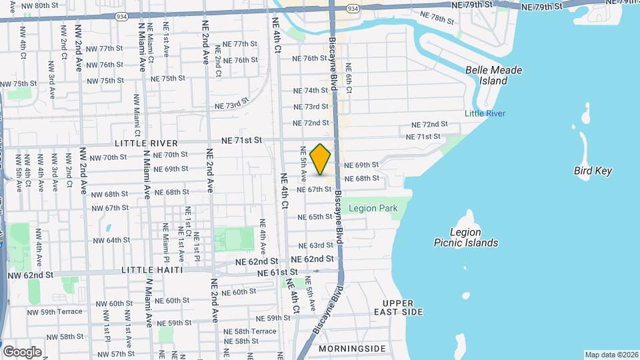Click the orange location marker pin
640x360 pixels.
coord(321,159)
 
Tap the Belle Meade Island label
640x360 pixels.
coord(493,75)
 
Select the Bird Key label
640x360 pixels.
coord(592,171)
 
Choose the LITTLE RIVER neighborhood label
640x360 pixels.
coord(146,143)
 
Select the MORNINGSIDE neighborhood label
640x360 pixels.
coord(352,349)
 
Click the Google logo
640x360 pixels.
coord(22,351)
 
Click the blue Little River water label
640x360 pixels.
coord(485,114)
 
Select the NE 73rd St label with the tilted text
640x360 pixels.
coord(231,104)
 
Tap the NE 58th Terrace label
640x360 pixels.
coord(250,331)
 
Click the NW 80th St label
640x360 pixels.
coord(40,5)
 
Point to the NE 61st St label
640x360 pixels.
coord(275,273)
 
